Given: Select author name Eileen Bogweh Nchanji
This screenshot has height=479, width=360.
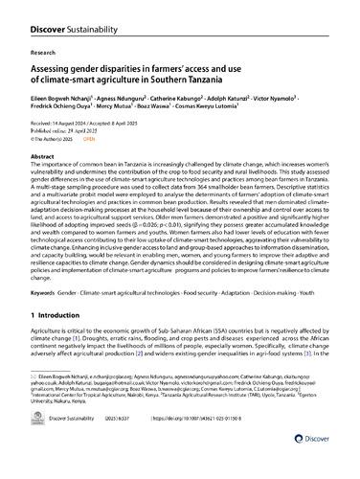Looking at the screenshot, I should (62, 97).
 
